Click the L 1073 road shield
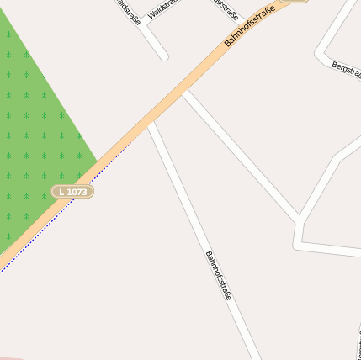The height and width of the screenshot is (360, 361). coord(72,192)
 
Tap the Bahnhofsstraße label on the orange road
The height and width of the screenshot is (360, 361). coord(251,29)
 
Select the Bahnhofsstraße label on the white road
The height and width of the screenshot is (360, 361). coord(218,276)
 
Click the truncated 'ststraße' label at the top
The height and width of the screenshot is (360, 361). coord(226,9)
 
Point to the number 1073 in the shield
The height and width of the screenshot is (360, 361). coord(77,192)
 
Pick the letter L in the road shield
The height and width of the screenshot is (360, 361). coord(61,192)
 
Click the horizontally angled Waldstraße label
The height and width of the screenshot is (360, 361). coord(162,9)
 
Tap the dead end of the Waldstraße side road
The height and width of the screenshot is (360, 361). coord(164,56)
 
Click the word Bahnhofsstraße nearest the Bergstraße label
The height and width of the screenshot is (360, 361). coord(251,29)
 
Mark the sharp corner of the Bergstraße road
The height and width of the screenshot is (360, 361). coord(321,53)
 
